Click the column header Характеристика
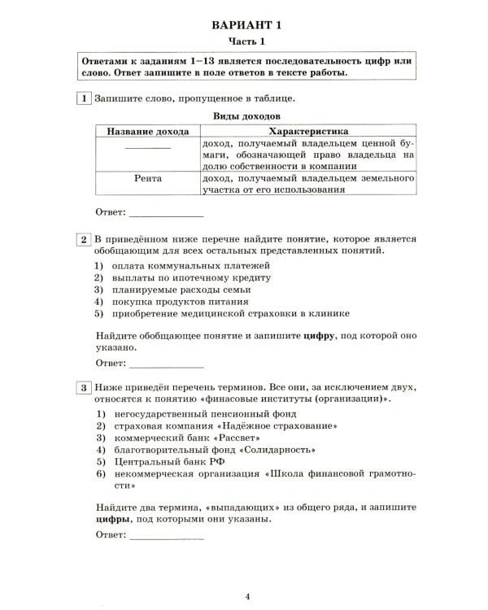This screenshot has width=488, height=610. point(307,131)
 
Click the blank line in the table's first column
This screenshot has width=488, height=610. point(147,148)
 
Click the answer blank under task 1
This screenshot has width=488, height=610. point(166,215)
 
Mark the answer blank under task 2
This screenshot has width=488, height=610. point(166,363)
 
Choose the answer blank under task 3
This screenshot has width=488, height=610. point(166,537)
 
